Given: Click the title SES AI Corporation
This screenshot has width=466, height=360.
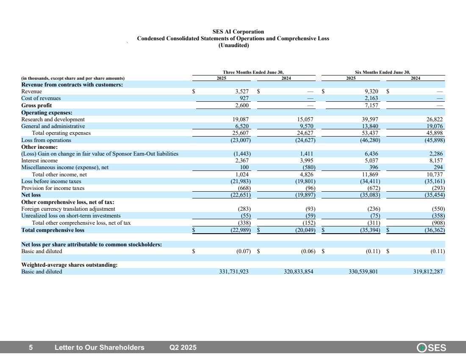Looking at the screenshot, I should pyautogui.click(x=233, y=32).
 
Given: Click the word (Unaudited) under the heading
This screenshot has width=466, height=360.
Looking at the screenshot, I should pyautogui.click(x=233, y=45).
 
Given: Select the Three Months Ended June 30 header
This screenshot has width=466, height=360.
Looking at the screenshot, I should pyautogui.click(x=253, y=72).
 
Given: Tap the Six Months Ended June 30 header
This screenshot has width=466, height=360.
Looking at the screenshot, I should pyautogui.click(x=383, y=72).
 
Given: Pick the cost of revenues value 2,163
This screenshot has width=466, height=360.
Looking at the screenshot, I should pyautogui.click(x=372, y=98).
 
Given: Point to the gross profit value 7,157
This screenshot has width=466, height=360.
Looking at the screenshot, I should pyautogui.click(x=372, y=105).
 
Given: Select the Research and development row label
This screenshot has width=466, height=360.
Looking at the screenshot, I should pyautogui.click(x=53, y=120).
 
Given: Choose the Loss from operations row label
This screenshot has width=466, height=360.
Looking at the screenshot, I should pyautogui.click(x=46, y=140).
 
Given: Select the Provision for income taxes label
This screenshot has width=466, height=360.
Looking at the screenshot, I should pyautogui.click(x=53, y=188).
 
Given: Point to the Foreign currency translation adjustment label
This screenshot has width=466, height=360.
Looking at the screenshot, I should pyautogui.click(x=68, y=209).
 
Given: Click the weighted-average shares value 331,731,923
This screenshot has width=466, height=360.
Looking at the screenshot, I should pyautogui.click(x=231, y=272).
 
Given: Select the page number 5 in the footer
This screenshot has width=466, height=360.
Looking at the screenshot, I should pyautogui.click(x=31, y=348).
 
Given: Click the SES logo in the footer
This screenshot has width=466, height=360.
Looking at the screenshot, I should pyautogui.click(x=432, y=348).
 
